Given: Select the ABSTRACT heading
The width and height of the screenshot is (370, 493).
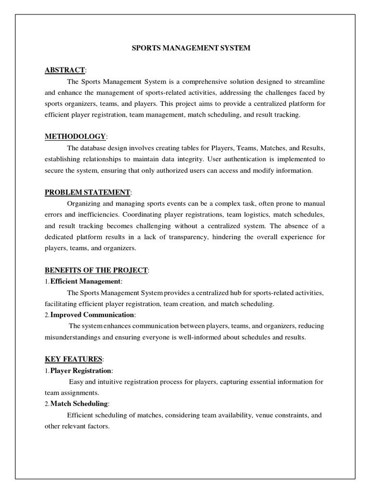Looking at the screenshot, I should tap(65, 70).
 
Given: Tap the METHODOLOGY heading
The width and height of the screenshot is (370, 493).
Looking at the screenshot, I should tap(75, 137).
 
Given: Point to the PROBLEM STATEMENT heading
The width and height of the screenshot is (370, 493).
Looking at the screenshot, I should tap(87, 193).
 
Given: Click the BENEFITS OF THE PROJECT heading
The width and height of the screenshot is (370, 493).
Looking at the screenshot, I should tap(96, 271).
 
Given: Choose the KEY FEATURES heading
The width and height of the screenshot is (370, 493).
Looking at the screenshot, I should tap(73, 359).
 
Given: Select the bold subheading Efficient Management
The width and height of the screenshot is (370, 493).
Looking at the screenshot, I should tap(86, 282).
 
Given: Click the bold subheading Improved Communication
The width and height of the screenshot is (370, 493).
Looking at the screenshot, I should tap(92, 315).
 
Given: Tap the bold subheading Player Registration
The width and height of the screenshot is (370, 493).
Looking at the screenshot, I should tap(81, 371).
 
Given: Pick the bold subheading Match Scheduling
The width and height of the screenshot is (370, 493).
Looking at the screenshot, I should tap(79, 403).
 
